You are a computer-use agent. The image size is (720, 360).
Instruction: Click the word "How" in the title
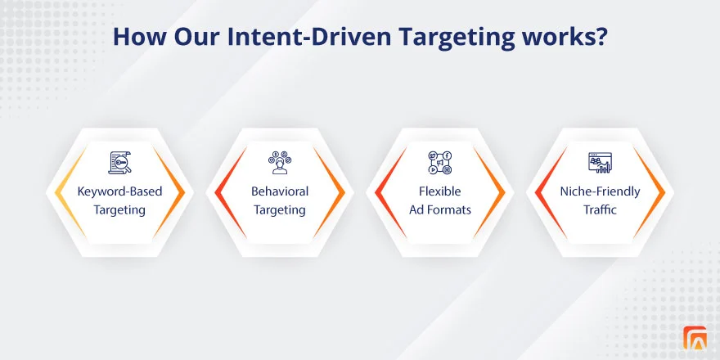tap(138, 37)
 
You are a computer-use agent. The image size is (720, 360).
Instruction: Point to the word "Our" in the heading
tap(196, 37)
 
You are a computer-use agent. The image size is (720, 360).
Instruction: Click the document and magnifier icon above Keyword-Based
tap(119, 163)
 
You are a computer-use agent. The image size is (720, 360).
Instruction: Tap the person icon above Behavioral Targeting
tap(280, 163)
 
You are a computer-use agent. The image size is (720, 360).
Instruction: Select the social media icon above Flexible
tap(440, 163)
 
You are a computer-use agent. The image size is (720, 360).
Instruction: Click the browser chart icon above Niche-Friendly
tap(600, 163)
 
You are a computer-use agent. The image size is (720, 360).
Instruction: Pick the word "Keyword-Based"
tap(119, 191)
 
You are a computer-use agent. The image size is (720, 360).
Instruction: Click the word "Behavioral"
tap(280, 191)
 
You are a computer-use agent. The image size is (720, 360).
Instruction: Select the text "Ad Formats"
tap(440, 209)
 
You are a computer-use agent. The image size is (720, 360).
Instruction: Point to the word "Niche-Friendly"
tap(600, 191)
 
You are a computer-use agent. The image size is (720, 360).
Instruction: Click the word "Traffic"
tap(600, 209)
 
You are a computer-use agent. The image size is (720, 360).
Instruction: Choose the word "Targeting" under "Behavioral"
tap(280, 210)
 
